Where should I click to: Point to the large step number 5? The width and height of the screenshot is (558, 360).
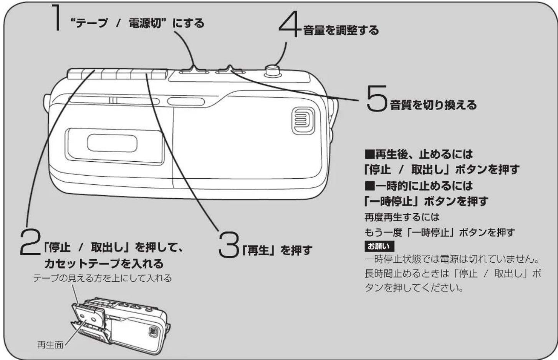[376, 99]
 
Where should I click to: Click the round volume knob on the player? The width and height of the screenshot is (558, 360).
[273, 70]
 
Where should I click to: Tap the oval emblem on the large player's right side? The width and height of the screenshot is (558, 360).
[303, 121]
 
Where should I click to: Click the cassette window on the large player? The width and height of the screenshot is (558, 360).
[112, 143]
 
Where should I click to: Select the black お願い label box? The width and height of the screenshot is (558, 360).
[379, 246]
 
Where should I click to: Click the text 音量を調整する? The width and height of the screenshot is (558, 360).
[341, 30]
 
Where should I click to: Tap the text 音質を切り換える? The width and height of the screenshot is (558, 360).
[433, 105]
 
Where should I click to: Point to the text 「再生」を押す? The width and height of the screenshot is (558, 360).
[277, 251]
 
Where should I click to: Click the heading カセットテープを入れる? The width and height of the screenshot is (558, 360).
[104, 264]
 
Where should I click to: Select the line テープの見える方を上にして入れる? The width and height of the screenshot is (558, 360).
[102, 278]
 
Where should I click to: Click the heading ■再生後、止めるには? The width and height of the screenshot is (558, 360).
[419, 154]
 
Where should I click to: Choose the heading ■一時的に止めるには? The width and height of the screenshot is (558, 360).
[419, 186]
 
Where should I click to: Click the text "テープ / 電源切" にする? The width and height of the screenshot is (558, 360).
[137, 23]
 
